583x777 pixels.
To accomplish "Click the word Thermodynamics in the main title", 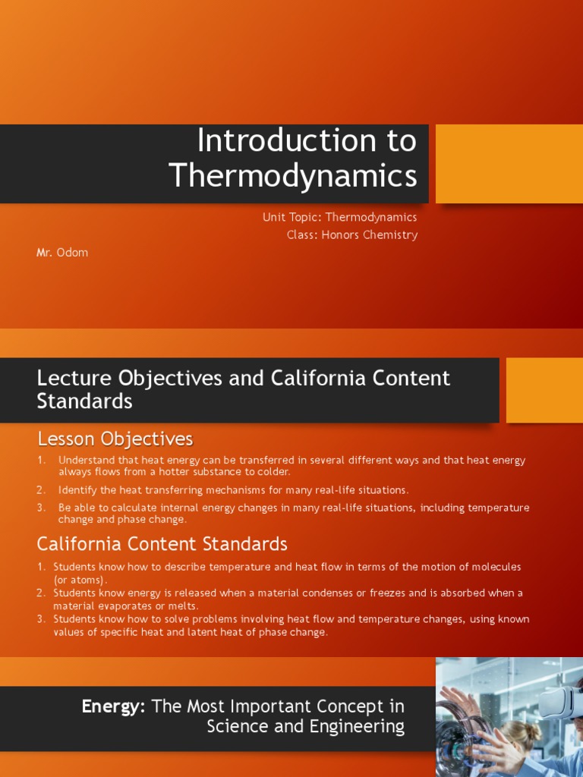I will (293, 175).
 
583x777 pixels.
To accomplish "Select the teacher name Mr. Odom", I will (62, 253).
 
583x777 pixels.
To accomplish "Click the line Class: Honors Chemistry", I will (351, 234).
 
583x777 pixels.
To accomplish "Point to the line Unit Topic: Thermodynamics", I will (339, 217).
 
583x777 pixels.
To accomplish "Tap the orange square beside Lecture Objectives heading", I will (544, 390).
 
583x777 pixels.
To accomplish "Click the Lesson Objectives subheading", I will (115, 439).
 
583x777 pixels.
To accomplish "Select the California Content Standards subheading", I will (162, 543).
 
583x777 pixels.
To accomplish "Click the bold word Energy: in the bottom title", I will (114, 706).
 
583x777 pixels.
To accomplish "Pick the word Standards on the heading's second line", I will (84, 401).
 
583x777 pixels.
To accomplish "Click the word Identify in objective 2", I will (77, 490).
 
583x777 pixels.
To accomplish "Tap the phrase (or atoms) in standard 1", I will (80, 580).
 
